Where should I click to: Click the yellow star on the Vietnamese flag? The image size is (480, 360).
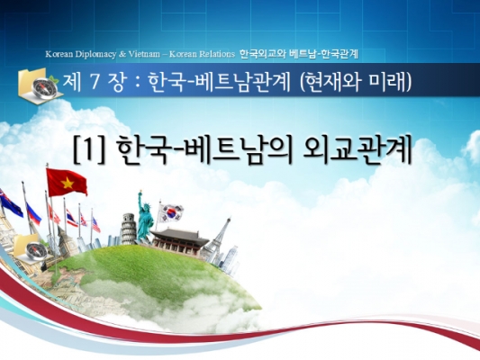(68, 184)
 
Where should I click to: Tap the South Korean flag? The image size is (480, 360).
(170, 213)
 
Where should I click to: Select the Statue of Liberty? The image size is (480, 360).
(145, 216)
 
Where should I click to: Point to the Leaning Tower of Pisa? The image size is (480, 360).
(128, 229)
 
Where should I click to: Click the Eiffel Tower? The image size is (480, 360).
(217, 239)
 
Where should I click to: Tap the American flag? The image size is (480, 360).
(95, 225)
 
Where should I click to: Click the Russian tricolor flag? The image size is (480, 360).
(33, 214)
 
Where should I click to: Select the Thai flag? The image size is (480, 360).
(72, 219)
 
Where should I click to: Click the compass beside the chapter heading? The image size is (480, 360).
(44, 88)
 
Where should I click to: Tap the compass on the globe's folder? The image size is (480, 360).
(36, 251)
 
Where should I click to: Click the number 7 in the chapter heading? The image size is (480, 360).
(95, 83)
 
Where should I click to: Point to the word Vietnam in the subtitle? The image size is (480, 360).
(144, 54)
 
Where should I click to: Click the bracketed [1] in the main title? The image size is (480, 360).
(89, 151)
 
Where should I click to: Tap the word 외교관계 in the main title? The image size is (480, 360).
(357, 150)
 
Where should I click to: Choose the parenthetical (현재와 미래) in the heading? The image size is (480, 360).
(356, 83)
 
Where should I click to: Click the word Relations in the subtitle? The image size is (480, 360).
(217, 54)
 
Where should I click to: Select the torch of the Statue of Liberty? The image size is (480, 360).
(140, 193)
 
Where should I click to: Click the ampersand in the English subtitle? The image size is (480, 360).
(122, 54)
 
